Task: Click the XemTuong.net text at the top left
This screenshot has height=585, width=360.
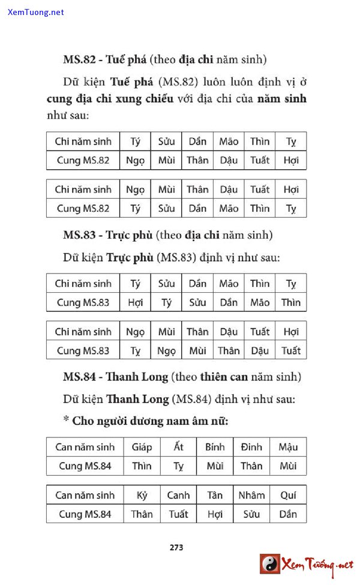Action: coord(36,12)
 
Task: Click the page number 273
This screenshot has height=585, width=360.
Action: coord(176,547)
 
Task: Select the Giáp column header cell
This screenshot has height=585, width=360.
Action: coord(142,447)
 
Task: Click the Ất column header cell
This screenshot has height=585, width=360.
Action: coord(178,447)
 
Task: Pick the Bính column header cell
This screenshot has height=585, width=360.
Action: coord(215,447)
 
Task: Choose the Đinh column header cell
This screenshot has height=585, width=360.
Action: coord(251,447)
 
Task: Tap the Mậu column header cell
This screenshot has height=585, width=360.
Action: coord(288,447)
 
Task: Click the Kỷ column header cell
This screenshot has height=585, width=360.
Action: coord(142,495)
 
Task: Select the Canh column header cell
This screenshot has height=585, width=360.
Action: coord(178,495)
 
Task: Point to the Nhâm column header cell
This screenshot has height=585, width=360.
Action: coord(251,495)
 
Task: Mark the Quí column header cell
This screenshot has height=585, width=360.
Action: coord(288,495)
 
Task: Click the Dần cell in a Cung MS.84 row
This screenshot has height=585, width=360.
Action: coord(288,514)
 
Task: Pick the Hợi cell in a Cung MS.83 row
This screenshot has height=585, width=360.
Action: coord(135,302)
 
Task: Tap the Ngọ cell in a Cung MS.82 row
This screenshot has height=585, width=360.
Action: coord(135,160)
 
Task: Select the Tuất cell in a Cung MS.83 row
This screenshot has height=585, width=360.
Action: coord(291,350)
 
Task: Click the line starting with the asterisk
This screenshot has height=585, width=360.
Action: coord(145,421)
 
